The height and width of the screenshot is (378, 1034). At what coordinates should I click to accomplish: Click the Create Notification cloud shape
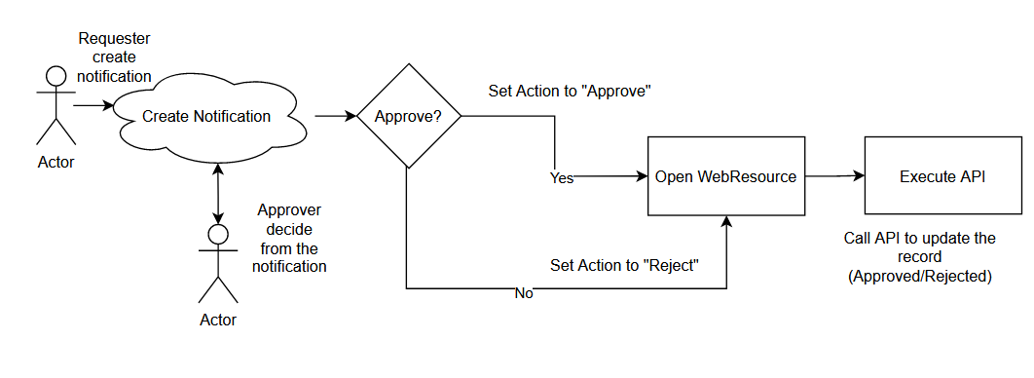point(206,117)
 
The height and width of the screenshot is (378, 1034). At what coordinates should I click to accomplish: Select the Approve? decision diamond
point(407,116)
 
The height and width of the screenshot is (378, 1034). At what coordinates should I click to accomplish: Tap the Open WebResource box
point(725,176)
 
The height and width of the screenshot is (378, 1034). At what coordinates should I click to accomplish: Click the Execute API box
point(942,176)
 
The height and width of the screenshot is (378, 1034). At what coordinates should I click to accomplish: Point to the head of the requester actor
point(55,76)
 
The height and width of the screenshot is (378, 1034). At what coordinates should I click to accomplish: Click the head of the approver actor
point(218,234)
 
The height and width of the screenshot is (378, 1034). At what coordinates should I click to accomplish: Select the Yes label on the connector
point(562,178)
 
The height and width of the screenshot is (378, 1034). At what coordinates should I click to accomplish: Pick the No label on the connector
point(523,292)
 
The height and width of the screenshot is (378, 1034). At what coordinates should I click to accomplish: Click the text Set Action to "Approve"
point(569,92)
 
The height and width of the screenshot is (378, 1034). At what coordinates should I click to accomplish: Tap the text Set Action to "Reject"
point(624,265)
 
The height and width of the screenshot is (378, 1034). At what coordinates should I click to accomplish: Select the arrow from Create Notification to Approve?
point(335,116)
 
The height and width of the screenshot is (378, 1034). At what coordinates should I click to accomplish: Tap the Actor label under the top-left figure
point(55,162)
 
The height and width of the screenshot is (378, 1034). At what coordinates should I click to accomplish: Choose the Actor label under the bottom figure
point(218,319)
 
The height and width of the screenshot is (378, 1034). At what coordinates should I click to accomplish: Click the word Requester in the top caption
point(114,40)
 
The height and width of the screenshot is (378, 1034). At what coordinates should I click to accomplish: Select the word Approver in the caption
point(289,210)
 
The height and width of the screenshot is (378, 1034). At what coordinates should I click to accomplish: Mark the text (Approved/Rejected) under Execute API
point(919,276)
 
